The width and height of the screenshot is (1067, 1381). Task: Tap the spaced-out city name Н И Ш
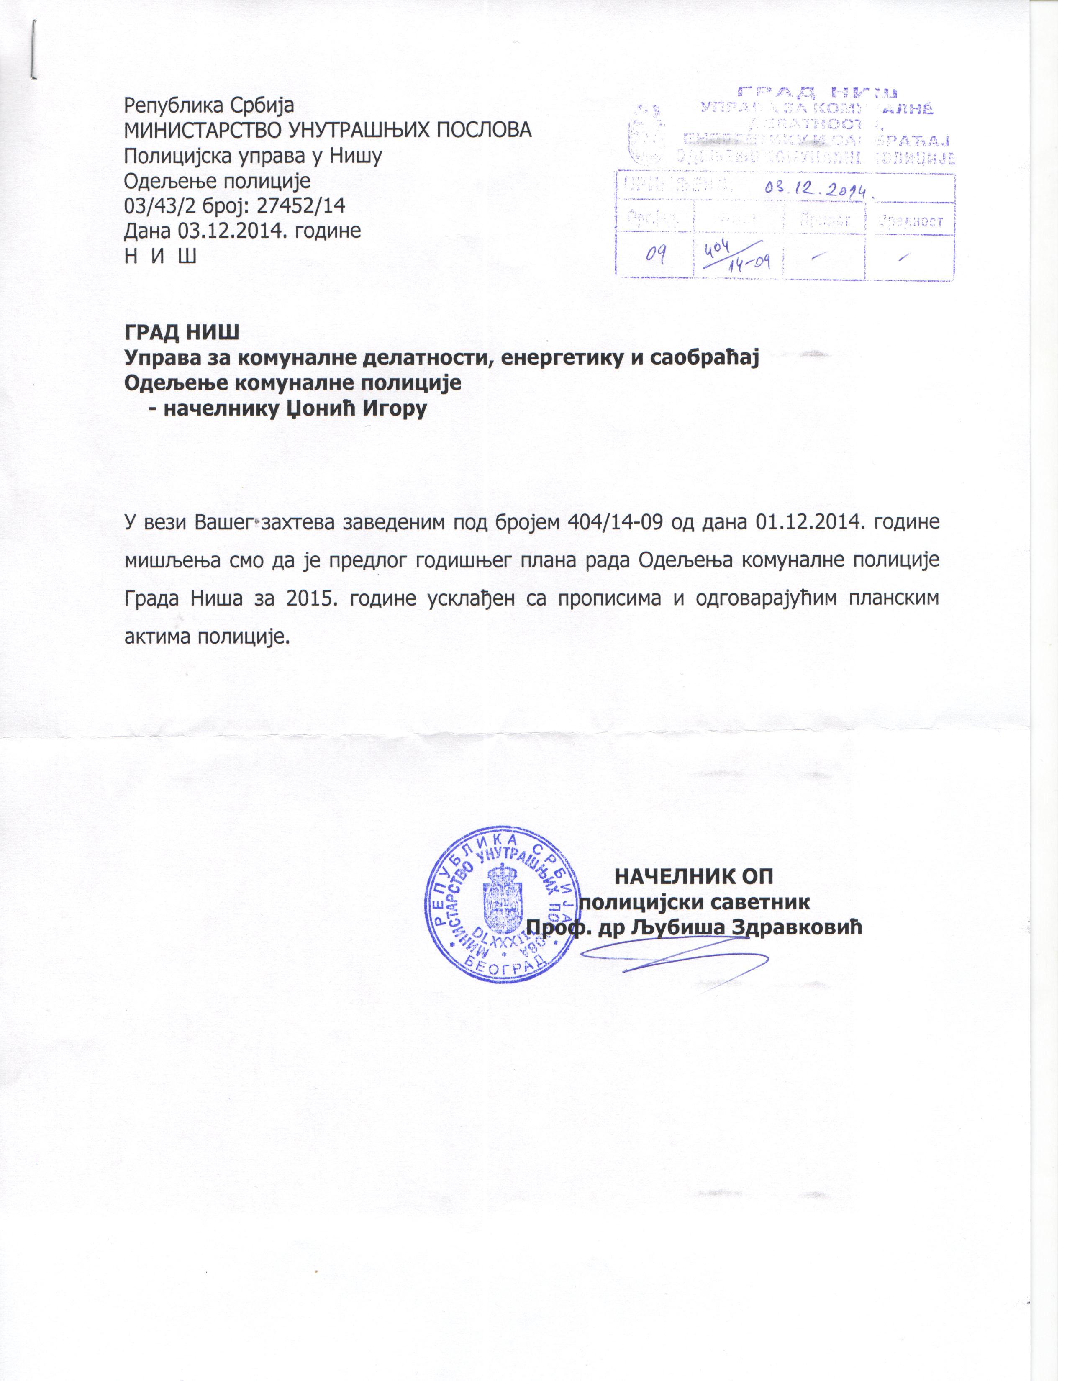[x=160, y=256]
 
